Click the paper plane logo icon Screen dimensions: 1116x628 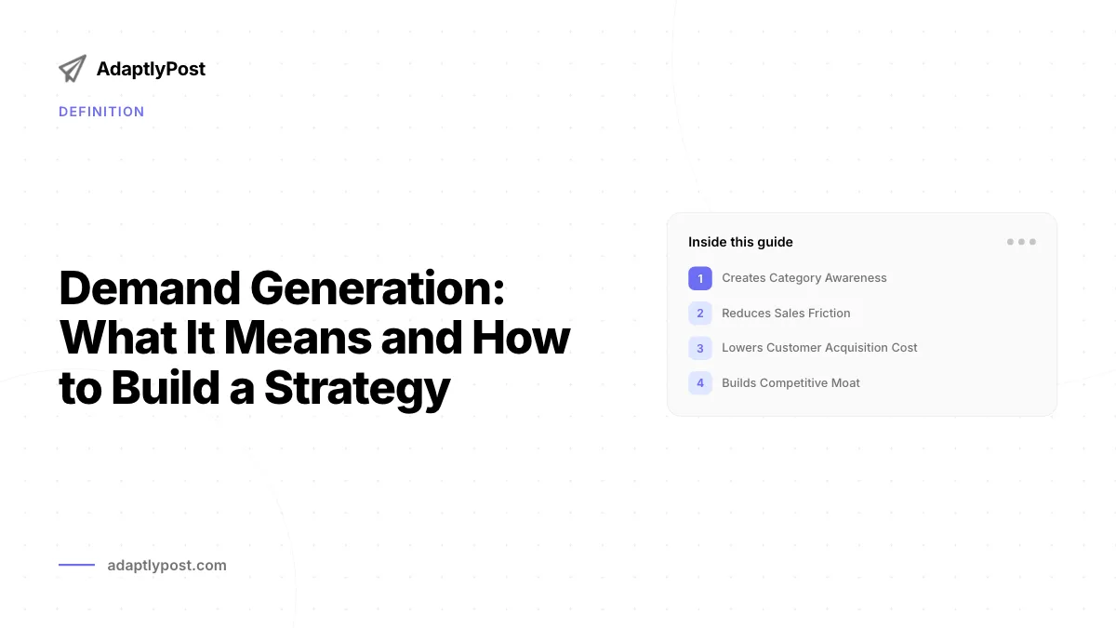(x=73, y=69)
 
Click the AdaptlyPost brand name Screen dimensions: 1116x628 (x=151, y=69)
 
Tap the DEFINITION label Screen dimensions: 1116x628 (x=101, y=112)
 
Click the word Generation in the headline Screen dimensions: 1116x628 (x=378, y=288)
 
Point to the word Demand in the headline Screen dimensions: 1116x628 (x=150, y=288)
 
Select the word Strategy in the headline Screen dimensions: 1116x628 (x=357, y=389)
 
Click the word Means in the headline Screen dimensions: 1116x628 (x=298, y=339)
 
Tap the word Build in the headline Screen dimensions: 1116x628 (x=165, y=387)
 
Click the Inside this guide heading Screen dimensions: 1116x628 (x=740, y=242)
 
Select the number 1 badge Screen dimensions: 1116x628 (x=700, y=278)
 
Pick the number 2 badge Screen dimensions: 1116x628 (x=700, y=313)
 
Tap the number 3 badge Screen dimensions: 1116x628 (x=700, y=348)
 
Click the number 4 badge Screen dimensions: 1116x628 (x=700, y=382)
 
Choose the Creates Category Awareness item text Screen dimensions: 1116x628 (x=804, y=278)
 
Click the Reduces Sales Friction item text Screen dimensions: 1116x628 (x=786, y=313)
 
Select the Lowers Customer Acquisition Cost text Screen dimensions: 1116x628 (x=819, y=348)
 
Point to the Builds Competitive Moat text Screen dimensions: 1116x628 (x=790, y=382)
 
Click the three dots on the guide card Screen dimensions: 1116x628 (x=1021, y=242)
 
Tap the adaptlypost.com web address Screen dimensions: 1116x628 (x=166, y=566)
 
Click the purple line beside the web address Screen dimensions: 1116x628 (x=76, y=565)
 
